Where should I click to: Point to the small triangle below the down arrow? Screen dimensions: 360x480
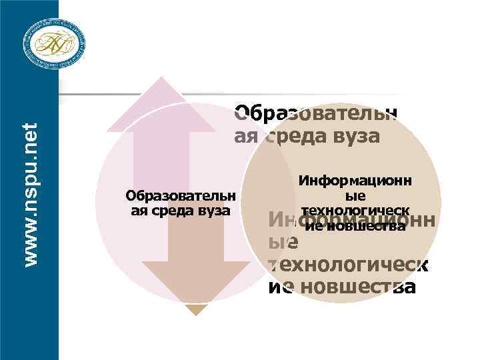195,310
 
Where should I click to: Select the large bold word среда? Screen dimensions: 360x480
299,137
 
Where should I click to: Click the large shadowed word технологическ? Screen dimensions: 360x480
347,265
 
